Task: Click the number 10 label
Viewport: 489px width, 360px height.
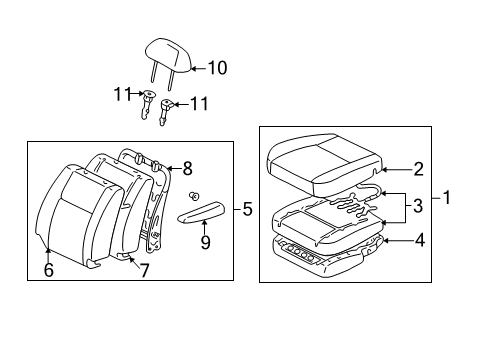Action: tap(217, 68)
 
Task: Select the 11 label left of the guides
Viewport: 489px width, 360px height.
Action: tap(122, 95)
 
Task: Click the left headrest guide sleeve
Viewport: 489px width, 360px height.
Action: tap(148, 101)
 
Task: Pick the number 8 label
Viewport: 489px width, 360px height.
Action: tap(188, 169)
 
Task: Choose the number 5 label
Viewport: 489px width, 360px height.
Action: tap(247, 209)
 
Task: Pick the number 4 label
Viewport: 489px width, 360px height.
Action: tap(419, 239)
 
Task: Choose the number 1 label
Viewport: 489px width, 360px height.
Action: tap(447, 198)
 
